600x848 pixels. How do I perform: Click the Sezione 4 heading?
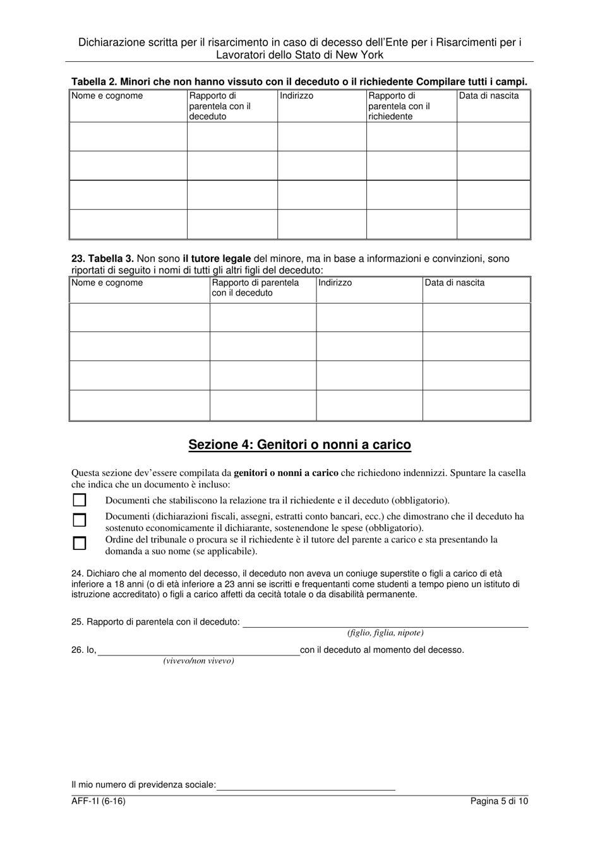pos(299,445)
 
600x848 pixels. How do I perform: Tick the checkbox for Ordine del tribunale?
pos(80,544)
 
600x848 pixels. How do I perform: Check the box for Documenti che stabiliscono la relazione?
pos(80,501)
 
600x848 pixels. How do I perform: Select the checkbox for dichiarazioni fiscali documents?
pos(80,521)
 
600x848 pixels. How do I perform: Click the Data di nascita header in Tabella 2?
pos(488,96)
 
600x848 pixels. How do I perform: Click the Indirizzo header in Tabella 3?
pos(335,283)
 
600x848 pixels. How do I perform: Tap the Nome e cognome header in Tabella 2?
pos(107,96)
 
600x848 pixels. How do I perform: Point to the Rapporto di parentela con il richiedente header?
pos(399,106)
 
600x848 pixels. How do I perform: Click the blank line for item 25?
pos(385,623)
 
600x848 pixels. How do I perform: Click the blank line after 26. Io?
pos(198,651)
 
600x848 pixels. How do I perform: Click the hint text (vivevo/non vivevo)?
pos(198,661)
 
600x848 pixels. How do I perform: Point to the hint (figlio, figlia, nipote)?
pos(385,633)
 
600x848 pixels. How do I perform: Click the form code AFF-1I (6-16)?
pos(94,801)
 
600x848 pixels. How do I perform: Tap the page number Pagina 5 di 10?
pos(499,801)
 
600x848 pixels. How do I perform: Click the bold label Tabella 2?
pos(94,81)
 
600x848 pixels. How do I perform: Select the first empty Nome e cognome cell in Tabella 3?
pos(139,317)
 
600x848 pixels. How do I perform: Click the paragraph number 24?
pos(77,574)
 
